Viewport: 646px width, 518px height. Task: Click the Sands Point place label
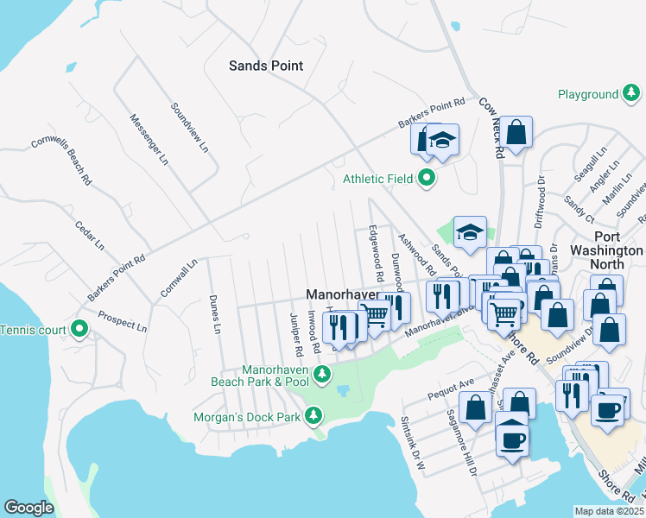[x=265, y=66]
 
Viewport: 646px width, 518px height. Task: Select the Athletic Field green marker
[x=426, y=179]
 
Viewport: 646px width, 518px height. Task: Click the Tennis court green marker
[x=79, y=329]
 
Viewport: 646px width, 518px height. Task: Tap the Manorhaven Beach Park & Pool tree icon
[x=321, y=374]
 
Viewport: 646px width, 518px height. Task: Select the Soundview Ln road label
[x=189, y=129]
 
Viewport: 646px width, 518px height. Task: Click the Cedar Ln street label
[x=89, y=234]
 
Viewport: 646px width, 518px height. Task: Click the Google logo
[x=28, y=508]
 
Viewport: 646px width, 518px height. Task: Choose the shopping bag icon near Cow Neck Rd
[x=516, y=132]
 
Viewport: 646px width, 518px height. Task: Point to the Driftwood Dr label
[x=540, y=196]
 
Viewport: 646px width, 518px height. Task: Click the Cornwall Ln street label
[x=179, y=278]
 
